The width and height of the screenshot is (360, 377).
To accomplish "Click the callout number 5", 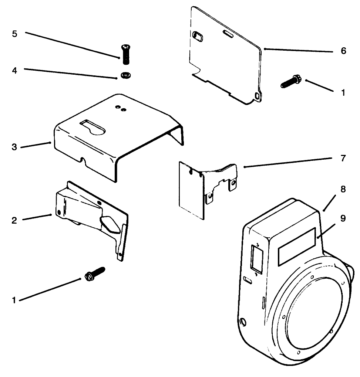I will (14, 34).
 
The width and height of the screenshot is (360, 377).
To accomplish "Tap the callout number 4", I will (14, 70).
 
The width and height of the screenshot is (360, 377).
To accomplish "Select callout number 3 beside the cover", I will (14, 147).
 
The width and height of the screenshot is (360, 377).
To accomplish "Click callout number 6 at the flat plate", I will (343, 51).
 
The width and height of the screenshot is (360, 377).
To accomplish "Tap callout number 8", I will (343, 190).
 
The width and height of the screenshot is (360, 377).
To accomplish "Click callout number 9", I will (343, 218).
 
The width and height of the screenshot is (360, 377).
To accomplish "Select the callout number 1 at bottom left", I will (14, 300).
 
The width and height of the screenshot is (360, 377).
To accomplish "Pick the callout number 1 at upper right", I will (343, 93).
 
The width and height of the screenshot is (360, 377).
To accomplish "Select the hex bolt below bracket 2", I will (95, 274).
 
